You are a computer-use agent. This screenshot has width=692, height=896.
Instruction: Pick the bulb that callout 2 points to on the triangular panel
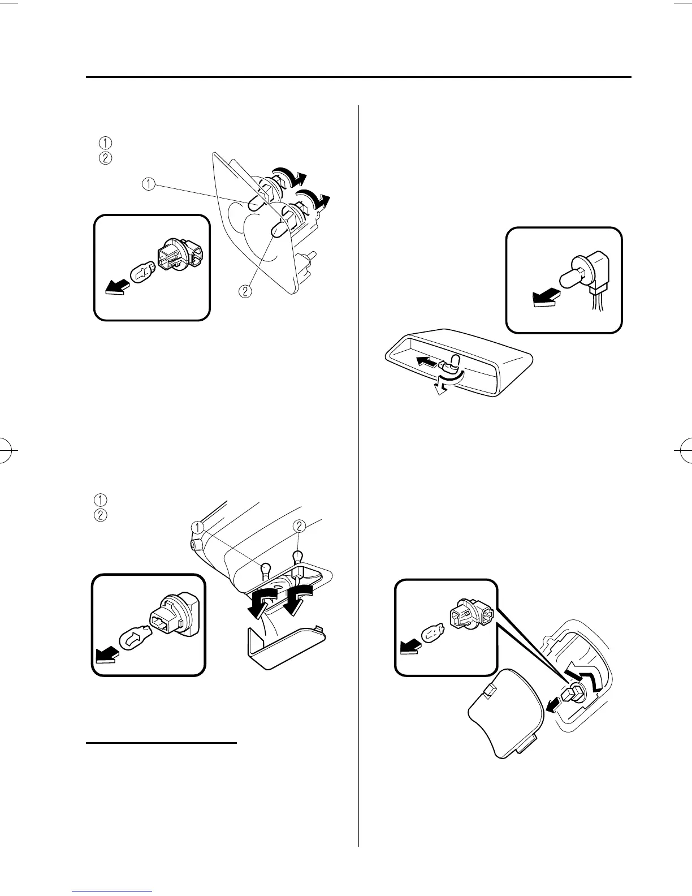click(279, 229)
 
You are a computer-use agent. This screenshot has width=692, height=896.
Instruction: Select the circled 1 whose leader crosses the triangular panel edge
click(149, 183)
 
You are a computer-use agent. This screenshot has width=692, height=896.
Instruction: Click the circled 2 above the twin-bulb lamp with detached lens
click(299, 526)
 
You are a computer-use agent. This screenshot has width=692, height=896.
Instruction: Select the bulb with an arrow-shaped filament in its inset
click(133, 639)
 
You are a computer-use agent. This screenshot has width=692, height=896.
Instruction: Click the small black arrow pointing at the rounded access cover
click(554, 705)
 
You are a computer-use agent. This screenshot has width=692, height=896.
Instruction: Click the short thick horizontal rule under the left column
click(162, 743)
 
